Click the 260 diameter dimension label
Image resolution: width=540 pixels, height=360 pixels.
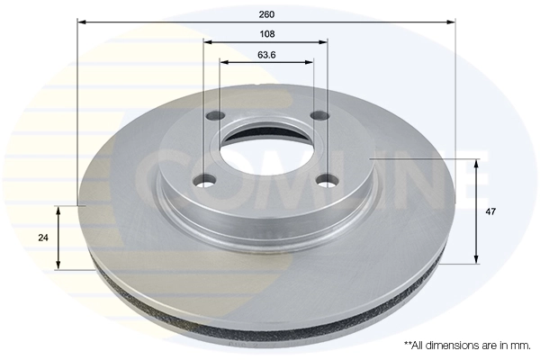pyautogui.click(x=265, y=13)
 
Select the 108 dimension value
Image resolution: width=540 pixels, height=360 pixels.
pyautogui.click(x=265, y=34)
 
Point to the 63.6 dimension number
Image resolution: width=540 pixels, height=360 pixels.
pyautogui.click(x=266, y=55)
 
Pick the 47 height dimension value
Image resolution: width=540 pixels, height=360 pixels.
pyautogui.click(x=490, y=211)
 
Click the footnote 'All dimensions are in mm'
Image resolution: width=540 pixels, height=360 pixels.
pyautogui.click(x=467, y=345)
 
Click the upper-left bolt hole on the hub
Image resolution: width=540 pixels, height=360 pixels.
pyautogui.click(x=216, y=116)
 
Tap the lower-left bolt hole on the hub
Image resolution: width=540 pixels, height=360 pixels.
pyautogui.click(x=206, y=181)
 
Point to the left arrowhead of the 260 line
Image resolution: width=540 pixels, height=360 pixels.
pyautogui.click(x=81, y=22)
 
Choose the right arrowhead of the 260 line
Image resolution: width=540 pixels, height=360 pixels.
pyautogui.click(x=452, y=22)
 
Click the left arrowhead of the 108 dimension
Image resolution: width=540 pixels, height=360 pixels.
pyautogui.click(x=208, y=42)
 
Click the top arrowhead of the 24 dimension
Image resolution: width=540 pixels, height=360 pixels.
pyautogui.click(x=58, y=210)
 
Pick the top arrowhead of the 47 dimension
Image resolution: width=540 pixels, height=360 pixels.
pyautogui.click(x=475, y=161)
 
